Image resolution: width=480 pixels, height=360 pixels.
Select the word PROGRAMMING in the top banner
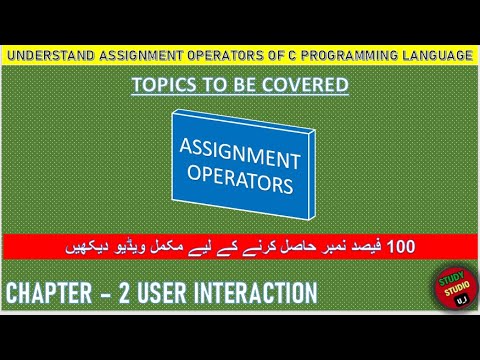[347, 56]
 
